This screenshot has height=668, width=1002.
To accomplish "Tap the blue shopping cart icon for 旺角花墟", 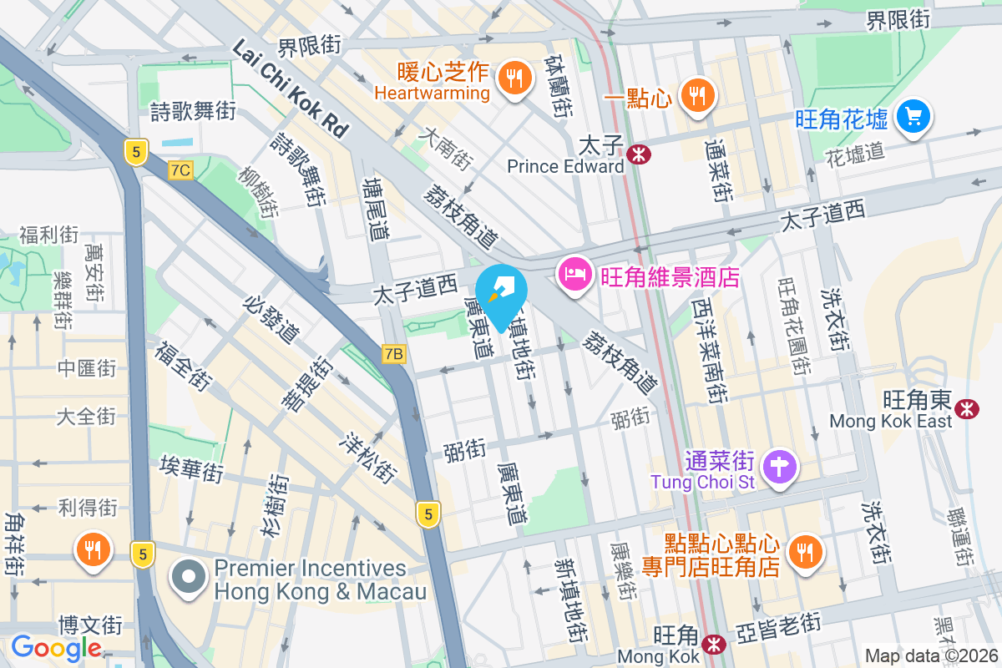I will pyautogui.click(x=913, y=115).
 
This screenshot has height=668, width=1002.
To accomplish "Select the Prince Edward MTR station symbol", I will pyautogui.click(x=640, y=154).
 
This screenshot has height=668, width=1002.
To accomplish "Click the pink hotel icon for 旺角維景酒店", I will pyautogui.click(x=574, y=274).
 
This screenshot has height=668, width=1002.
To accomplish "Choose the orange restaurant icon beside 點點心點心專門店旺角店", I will pyautogui.click(x=805, y=551).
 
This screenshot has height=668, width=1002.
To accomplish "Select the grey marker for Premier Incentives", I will pyautogui.click(x=190, y=577).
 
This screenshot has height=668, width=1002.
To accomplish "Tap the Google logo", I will pyautogui.click(x=56, y=647).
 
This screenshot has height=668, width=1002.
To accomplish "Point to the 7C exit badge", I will pyautogui.click(x=180, y=170).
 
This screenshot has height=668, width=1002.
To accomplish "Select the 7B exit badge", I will pyautogui.click(x=393, y=354).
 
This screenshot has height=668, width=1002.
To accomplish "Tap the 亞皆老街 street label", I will pyautogui.click(x=778, y=624).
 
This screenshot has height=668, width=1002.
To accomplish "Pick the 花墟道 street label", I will pyautogui.click(x=853, y=153).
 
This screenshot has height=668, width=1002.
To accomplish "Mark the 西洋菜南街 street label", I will pyautogui.click(x=711, y=351).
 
